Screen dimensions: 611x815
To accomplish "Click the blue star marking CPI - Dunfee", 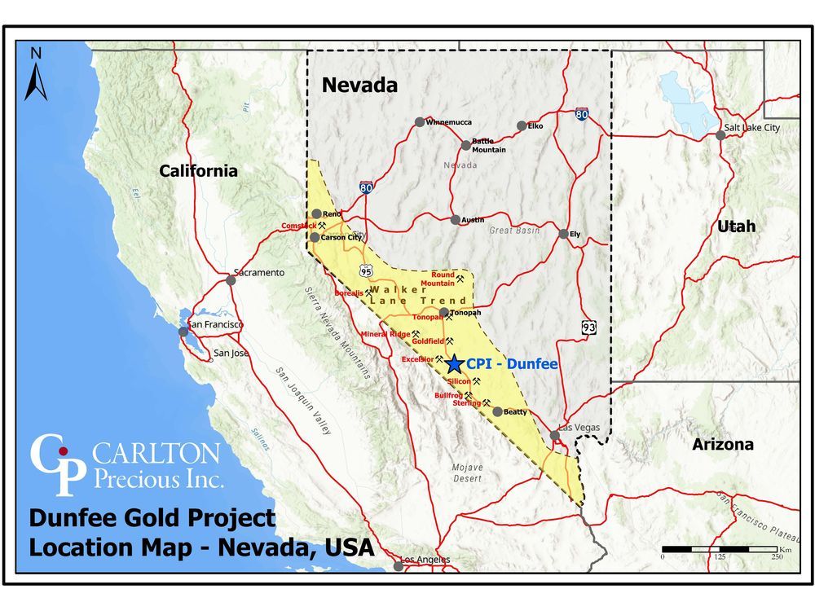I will tap(455, 364).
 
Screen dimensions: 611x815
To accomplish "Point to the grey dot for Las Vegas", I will tap(555, 435).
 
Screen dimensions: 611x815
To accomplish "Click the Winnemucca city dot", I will tap(420, 122).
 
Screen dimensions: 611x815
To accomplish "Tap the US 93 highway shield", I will tap(589, 327).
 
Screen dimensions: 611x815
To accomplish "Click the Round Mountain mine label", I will tap(438, 279).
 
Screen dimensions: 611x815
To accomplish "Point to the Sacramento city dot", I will tap(231, 279).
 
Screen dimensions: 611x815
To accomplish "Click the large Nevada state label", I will tap(359, 85).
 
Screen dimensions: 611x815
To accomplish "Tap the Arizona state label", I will tap(723, 445).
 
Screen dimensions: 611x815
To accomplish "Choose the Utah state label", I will tap(736, 226).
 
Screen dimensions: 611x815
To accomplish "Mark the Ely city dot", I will tap(563, 234).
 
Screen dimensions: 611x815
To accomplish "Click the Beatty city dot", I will tap(497, 411).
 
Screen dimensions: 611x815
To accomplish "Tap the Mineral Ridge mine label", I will tap(385, 334).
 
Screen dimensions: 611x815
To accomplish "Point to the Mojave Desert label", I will tap(467, 473).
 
